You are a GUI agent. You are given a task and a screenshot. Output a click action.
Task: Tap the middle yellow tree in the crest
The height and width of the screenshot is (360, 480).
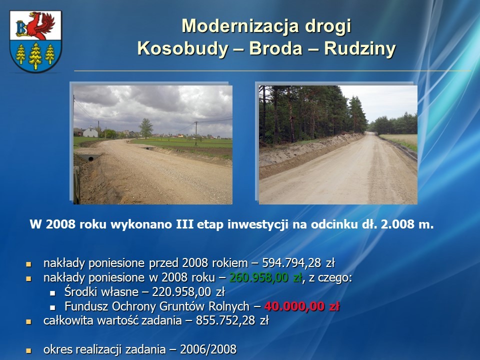[x=35, y=55]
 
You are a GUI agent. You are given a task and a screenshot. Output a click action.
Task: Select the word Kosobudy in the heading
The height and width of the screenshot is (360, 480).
[x=182, y=48]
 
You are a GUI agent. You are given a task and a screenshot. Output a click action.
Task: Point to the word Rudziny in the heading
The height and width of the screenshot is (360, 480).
[x=359, y=48]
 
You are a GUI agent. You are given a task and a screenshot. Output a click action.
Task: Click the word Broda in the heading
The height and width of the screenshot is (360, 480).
[x=276, y=48]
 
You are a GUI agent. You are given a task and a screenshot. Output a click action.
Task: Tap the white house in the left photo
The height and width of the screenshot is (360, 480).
[x=90, y=131]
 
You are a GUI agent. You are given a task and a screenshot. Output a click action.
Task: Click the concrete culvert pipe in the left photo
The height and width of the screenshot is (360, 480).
[x=90, y=158]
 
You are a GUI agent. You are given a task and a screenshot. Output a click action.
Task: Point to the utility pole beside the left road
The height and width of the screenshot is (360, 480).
[x=196, y=133]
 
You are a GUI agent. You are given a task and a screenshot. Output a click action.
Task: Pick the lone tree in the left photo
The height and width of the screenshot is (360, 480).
[x=145, y=128]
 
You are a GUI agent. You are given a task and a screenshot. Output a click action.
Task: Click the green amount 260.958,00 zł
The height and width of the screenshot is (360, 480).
[x=265, y=277]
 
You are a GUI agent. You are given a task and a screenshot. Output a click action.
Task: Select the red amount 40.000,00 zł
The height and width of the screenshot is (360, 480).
[x=302, y=306]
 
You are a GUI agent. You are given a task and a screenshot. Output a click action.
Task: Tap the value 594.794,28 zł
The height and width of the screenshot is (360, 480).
[x=298, y=263]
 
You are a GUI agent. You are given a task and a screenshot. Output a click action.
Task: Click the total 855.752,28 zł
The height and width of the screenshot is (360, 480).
[x=232, y=320]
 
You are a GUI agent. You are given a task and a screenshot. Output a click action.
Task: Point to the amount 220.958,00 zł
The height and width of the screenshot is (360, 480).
[x=188, y=292]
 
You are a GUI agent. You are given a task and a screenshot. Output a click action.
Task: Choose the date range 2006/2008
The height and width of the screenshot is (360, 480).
[x=208, y=349]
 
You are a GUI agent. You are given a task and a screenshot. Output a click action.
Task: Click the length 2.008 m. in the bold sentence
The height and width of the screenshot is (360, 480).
[x=407, y=224]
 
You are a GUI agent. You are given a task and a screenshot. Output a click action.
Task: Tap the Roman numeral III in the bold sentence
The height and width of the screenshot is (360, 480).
[x=185, y=224]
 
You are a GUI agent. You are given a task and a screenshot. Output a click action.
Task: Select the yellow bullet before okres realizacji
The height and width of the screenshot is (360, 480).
[x=29, y=350]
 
